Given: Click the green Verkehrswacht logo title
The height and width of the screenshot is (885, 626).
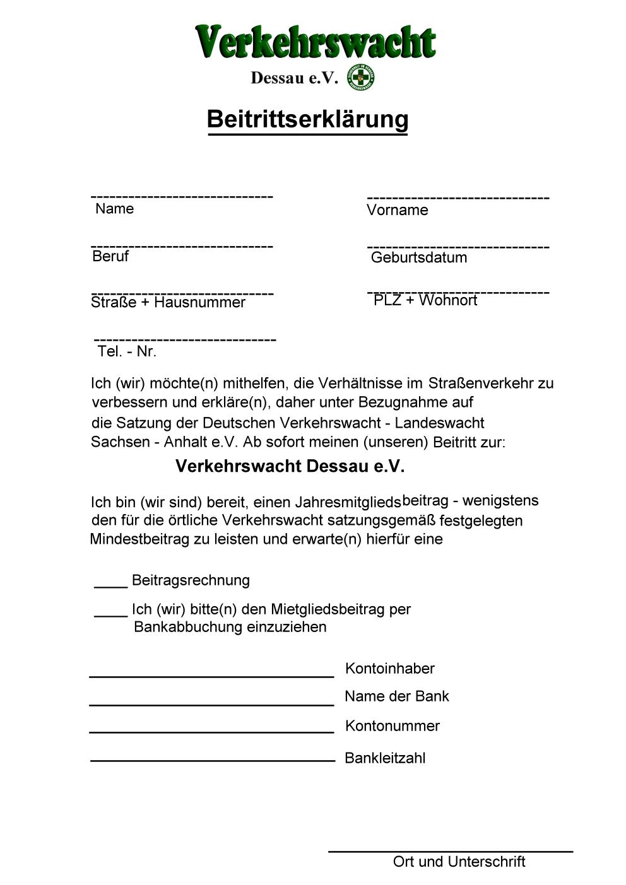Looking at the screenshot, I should pos(316,42).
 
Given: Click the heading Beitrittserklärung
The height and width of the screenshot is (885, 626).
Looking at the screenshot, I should pos(308,119).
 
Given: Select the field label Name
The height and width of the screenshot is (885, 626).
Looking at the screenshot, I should pos(114,209).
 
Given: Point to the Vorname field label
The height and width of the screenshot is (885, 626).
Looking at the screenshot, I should pos(397,210).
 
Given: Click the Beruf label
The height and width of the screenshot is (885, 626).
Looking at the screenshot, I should pos(110,256).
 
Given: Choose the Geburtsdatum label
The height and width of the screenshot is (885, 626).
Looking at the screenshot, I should pos(419,257).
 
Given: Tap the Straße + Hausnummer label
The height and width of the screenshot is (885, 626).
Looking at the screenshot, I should pos(168,302).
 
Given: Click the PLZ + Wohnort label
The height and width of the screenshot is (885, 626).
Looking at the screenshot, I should pos(425,300).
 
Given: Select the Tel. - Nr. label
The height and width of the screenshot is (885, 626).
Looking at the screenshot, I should pos(127,351).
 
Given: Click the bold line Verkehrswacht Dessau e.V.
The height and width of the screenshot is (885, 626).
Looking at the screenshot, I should pos(290,466).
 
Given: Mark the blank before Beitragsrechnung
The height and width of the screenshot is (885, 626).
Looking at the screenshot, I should pos(110,585).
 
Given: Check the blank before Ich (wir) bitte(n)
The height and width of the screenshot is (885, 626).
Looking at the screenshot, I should pos(110,614).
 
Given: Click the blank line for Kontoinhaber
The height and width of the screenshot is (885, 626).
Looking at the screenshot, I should pos(211,676).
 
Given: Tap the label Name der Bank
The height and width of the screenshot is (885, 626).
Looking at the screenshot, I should pos(396,696).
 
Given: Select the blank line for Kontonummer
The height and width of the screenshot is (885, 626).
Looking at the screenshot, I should pos(211,732).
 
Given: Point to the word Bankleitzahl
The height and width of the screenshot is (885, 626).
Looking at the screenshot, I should pos(385,758).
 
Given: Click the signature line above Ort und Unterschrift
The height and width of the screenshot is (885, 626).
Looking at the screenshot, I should pos(451,852).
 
